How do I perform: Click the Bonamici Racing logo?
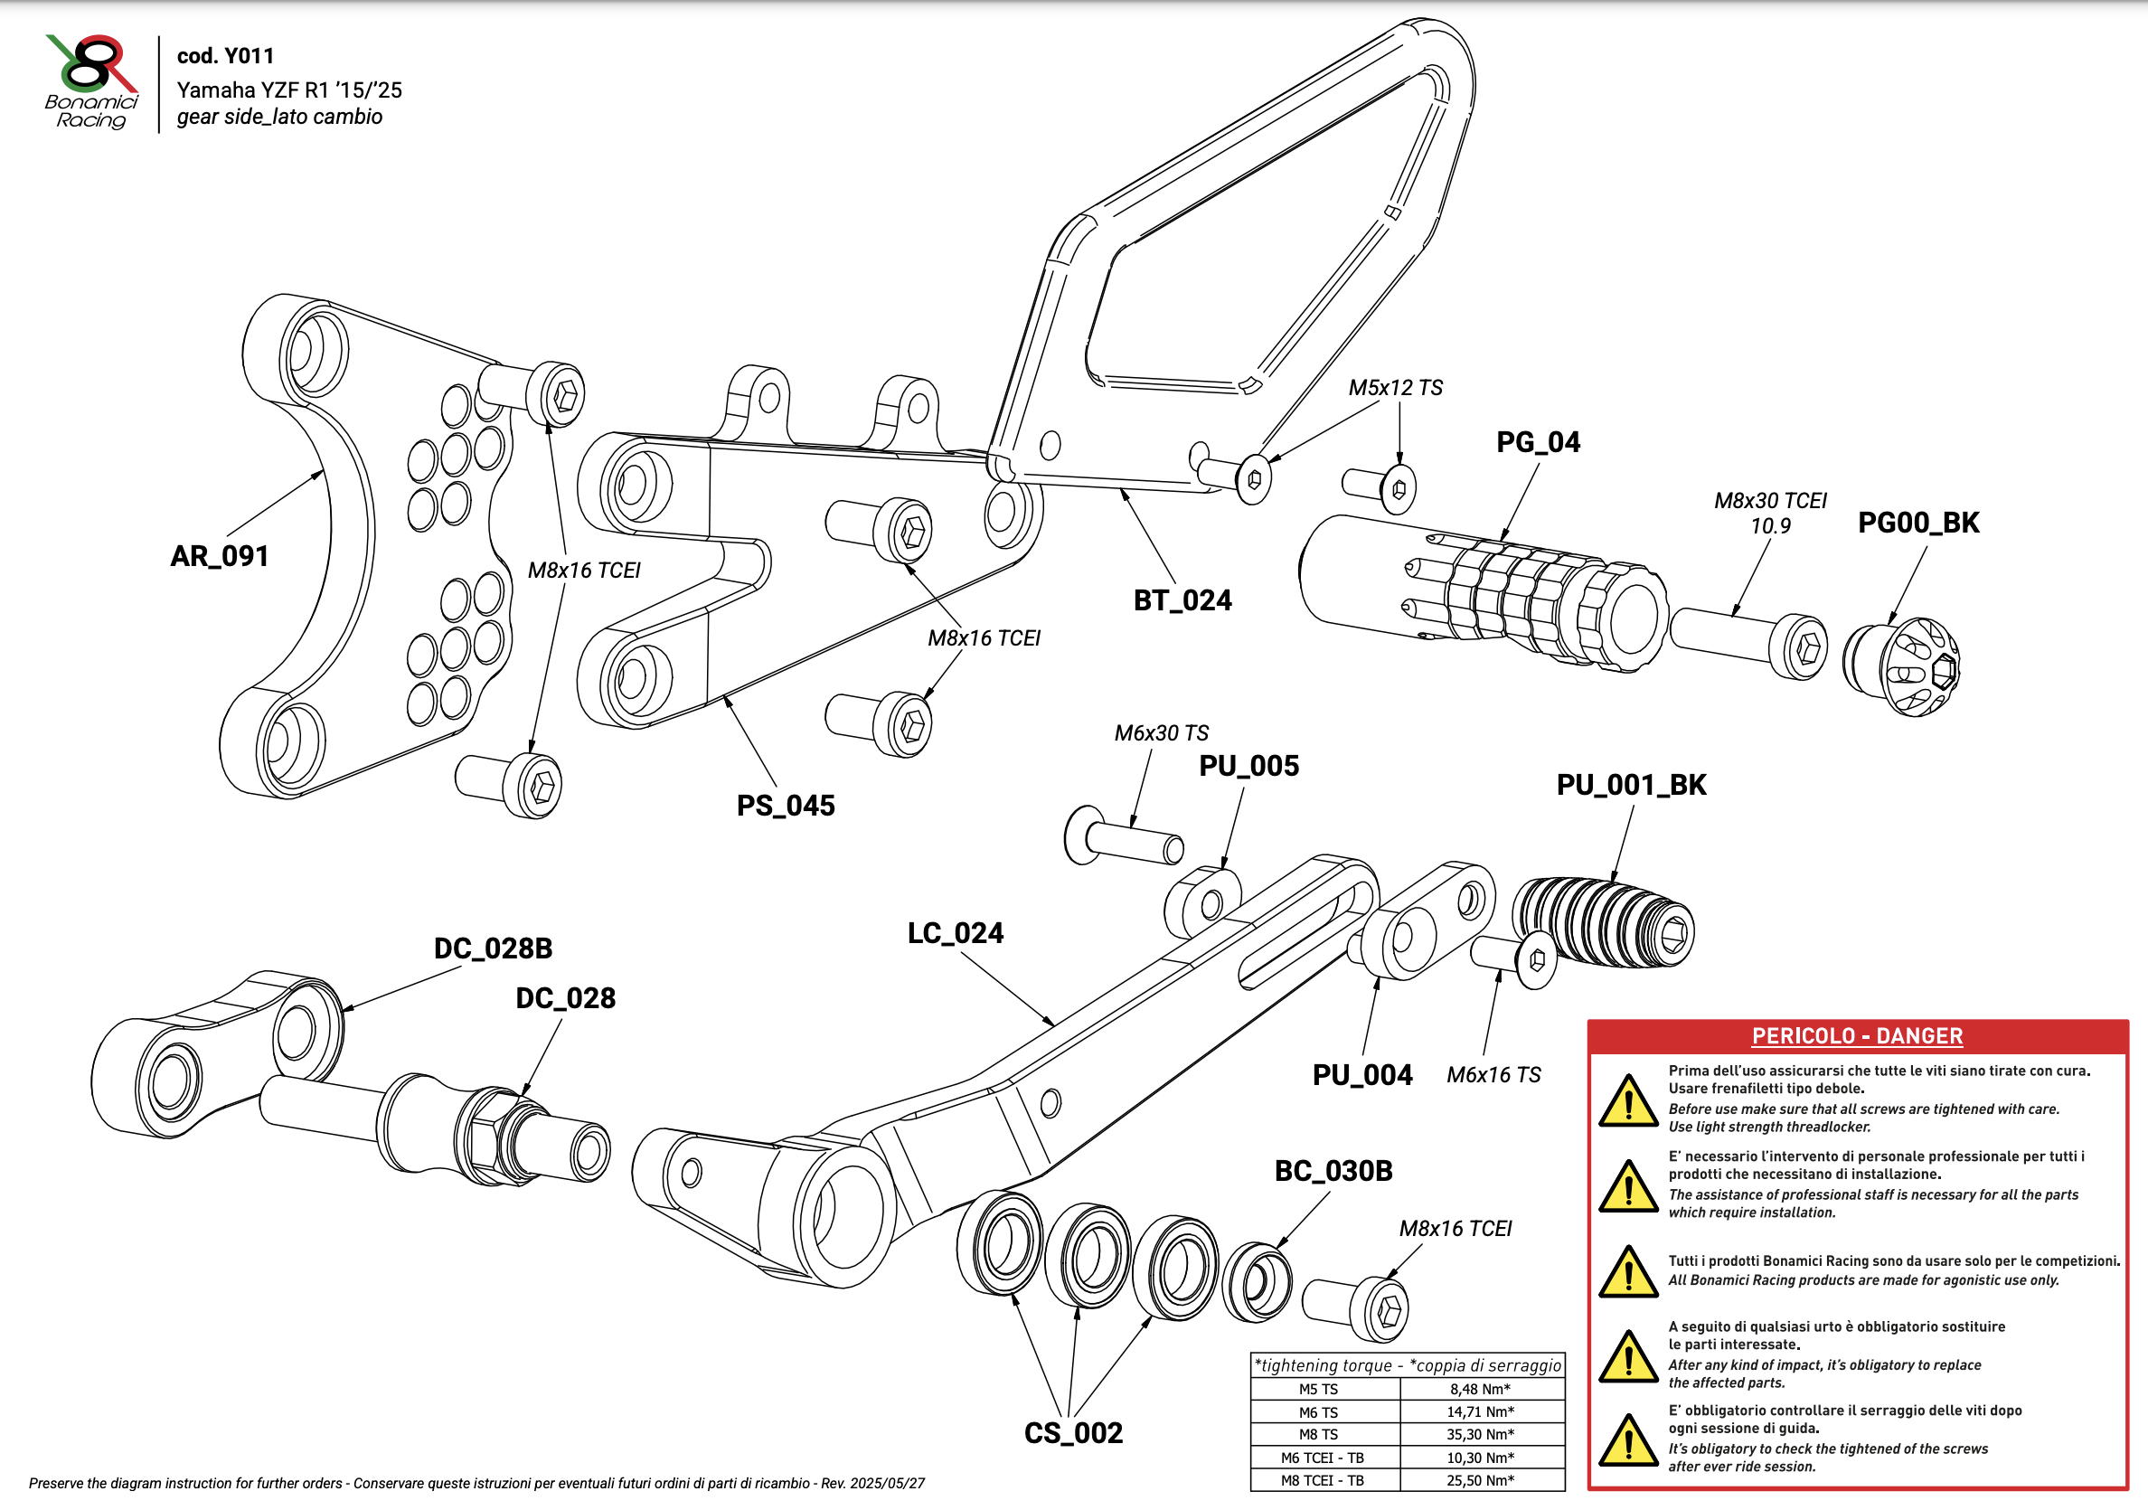tap(91, 82)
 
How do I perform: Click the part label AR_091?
tap(220, 557)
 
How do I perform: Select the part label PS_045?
tap(786, 806)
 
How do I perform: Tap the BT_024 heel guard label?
tap(1182, 600)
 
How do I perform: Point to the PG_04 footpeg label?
tap(1538, 442)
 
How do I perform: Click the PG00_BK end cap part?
tap(1903, 667)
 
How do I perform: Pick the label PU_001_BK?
tap(1632, 785)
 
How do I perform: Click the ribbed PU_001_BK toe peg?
tap(1604, 922)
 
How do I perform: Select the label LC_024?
tap(956, 934)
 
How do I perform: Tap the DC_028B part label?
tap(493, 948)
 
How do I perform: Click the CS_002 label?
tap(1073, 1433)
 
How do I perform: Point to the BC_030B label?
tap(1333, 1171)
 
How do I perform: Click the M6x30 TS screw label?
tap(1161, 733)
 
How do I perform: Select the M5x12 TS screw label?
tap(1395, 388)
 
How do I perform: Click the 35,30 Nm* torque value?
tap(1481, 1435)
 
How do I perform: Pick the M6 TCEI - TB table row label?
tap(1323, 1458)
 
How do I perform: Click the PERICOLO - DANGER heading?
tap(1857, 1036)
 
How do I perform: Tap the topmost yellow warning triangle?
tap(1629, 1101)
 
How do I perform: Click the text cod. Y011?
tap(225, 56)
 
